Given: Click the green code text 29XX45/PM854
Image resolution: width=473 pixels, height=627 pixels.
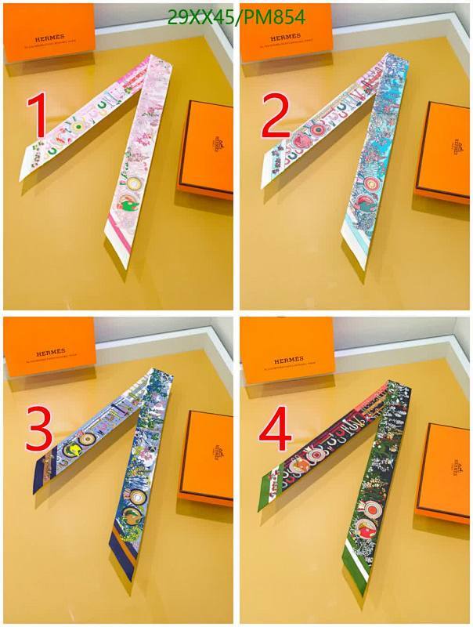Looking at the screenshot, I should [236, 17].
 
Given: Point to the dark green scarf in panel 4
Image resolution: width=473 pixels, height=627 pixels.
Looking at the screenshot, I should [376, 478].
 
